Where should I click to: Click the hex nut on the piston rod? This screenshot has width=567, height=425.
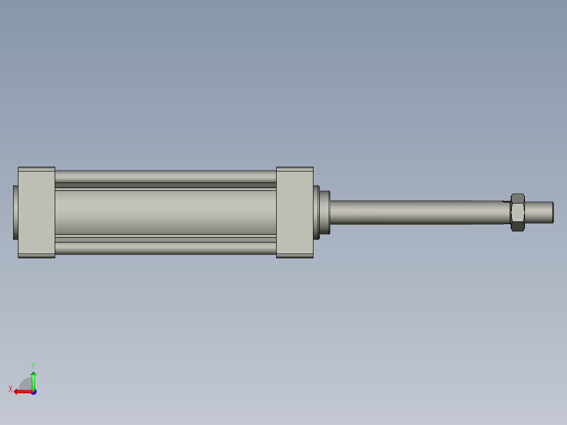[x=518, y=212]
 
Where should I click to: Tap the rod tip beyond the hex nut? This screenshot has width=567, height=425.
[x=539, y=212]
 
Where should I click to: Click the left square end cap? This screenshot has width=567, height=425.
[x=36, y=212]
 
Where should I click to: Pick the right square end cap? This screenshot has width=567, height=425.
[x=295, y=212]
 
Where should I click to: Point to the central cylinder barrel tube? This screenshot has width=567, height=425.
[x=165, y=212]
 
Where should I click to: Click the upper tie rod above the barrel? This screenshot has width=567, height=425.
[x=165, y=176]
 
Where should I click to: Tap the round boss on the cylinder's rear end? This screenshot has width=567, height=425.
[x=15, y=212]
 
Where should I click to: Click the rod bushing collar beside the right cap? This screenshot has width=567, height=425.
[x=323, y=212]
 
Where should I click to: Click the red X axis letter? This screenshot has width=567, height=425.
[x=11, y=389]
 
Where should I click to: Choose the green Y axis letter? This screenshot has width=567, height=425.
[x=33, y=365]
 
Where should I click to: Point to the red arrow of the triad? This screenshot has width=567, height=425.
[x=23, y=391]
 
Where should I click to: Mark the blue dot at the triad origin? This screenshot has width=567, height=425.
[x=33, y=392]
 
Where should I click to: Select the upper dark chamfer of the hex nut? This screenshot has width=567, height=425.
[x=518, y=198]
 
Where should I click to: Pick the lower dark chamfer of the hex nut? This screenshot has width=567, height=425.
[x=518, y=227]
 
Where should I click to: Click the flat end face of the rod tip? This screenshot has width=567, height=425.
[x=552, y=212]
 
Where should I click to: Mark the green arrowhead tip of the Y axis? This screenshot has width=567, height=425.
[x=33, y=372]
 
